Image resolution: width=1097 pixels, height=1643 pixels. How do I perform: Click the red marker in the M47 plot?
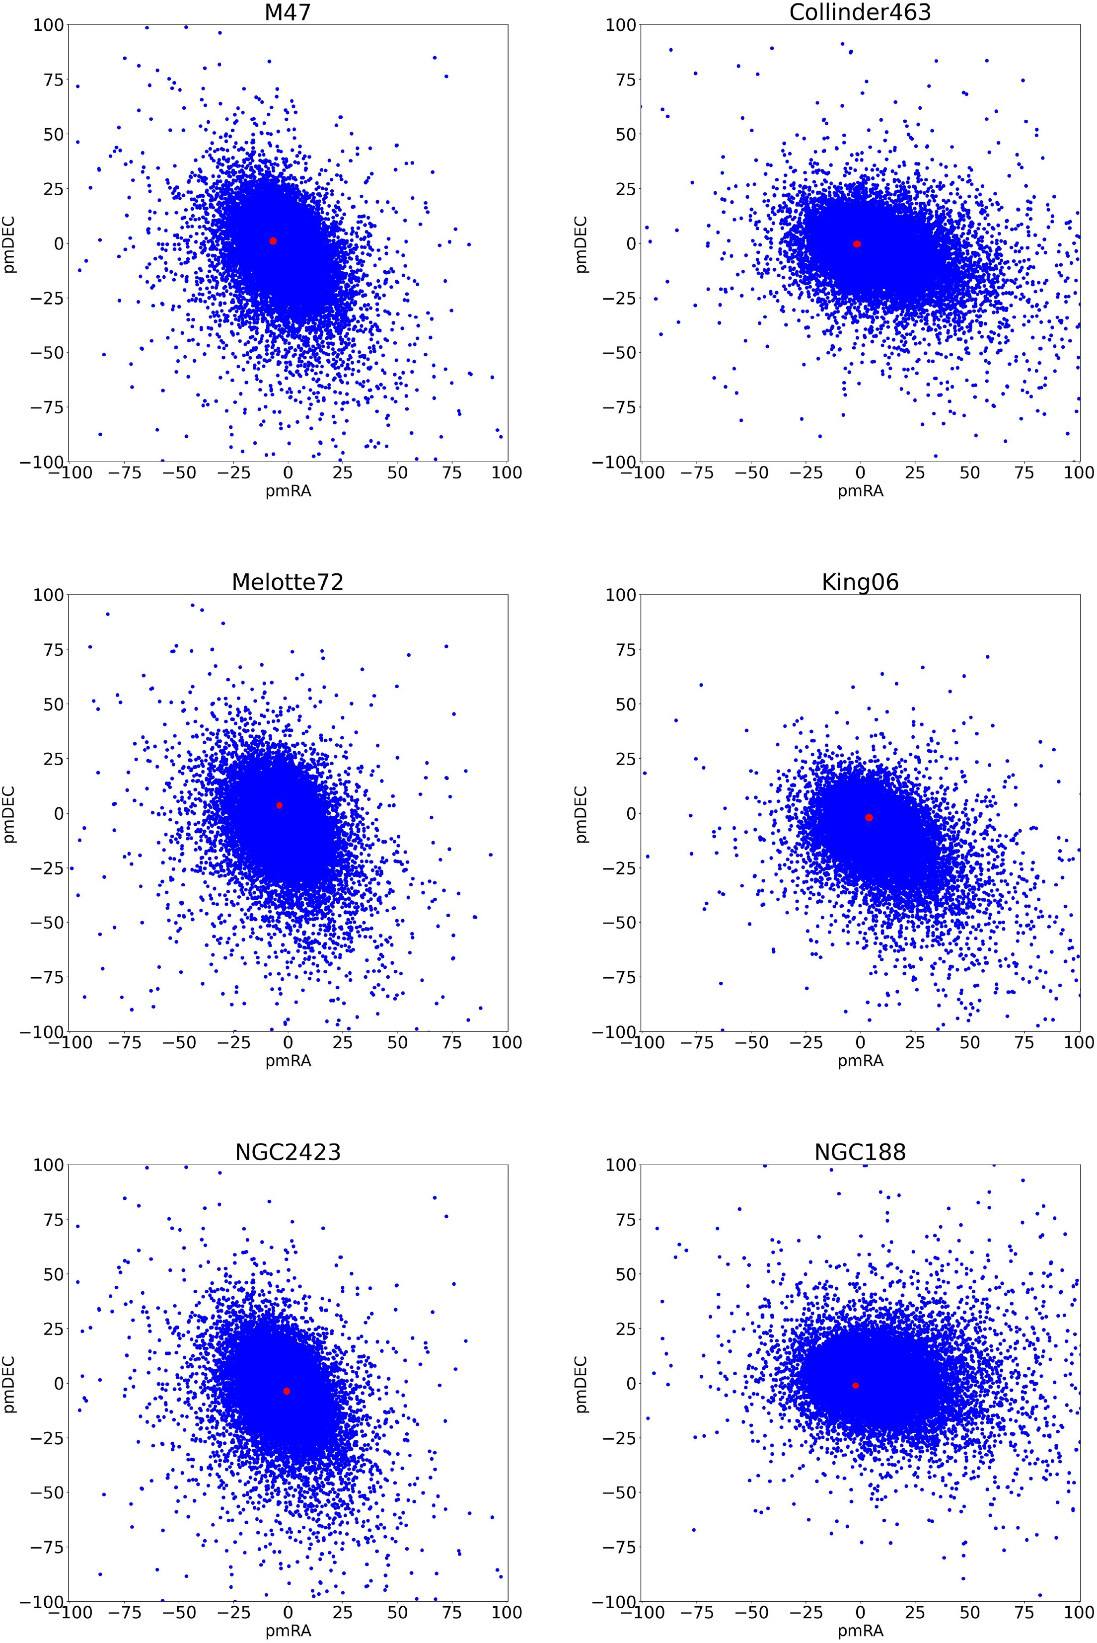273,241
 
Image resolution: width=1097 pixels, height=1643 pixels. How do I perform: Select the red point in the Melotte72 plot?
279,805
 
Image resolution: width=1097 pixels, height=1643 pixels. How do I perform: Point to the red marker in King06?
869,817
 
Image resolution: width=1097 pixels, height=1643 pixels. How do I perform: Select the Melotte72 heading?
288,582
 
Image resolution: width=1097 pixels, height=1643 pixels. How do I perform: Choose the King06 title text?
860,582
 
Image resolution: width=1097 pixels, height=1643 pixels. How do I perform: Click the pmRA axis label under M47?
288,491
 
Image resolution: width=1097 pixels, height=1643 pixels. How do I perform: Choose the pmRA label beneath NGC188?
860,1631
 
